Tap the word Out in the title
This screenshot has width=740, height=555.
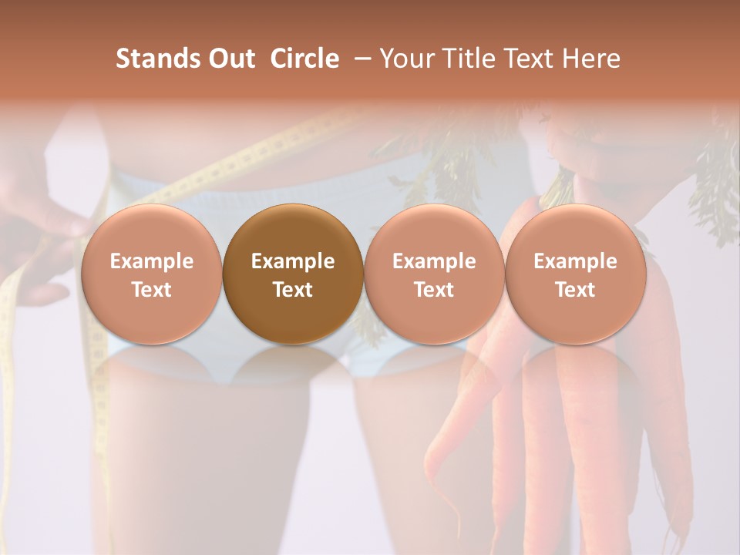pyautogui.click(x=229, y=59)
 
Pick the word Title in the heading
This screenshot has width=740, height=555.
pyautogui.click(x=464, y=59)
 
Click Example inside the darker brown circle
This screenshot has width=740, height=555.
pyautogui.click(x=293, y=261)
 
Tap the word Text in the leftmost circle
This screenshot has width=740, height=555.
pyautogui.click(x=151, y=290)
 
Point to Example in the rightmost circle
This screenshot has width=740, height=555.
pyautogui.click(x=575, y=261)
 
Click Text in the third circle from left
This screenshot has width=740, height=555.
pyautogui.click(x=434, y=290)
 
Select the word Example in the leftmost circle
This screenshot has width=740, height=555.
pyautogui.click(x=151, y=261)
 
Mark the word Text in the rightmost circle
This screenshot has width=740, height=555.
pyautogui.click(x=575, y=290)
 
